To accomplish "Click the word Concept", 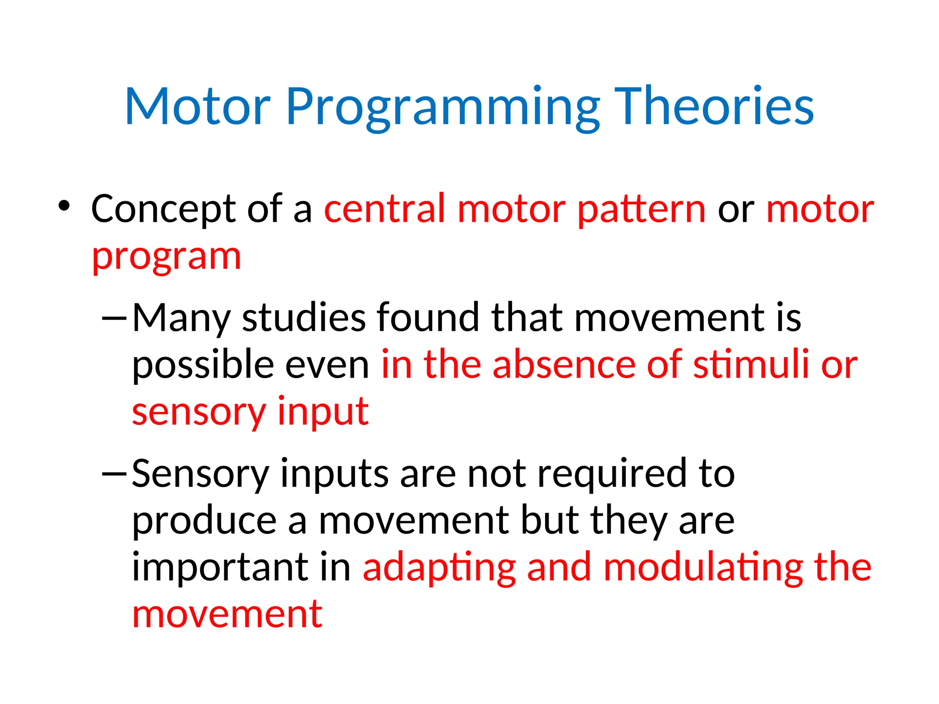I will (163, 209).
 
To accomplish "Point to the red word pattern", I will (641, 210).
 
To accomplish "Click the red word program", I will (166, 258).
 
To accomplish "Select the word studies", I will (304, 317).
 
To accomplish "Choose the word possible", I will (203, 366).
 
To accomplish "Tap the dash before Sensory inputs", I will (114, 473).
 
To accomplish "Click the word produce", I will (204, 522).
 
